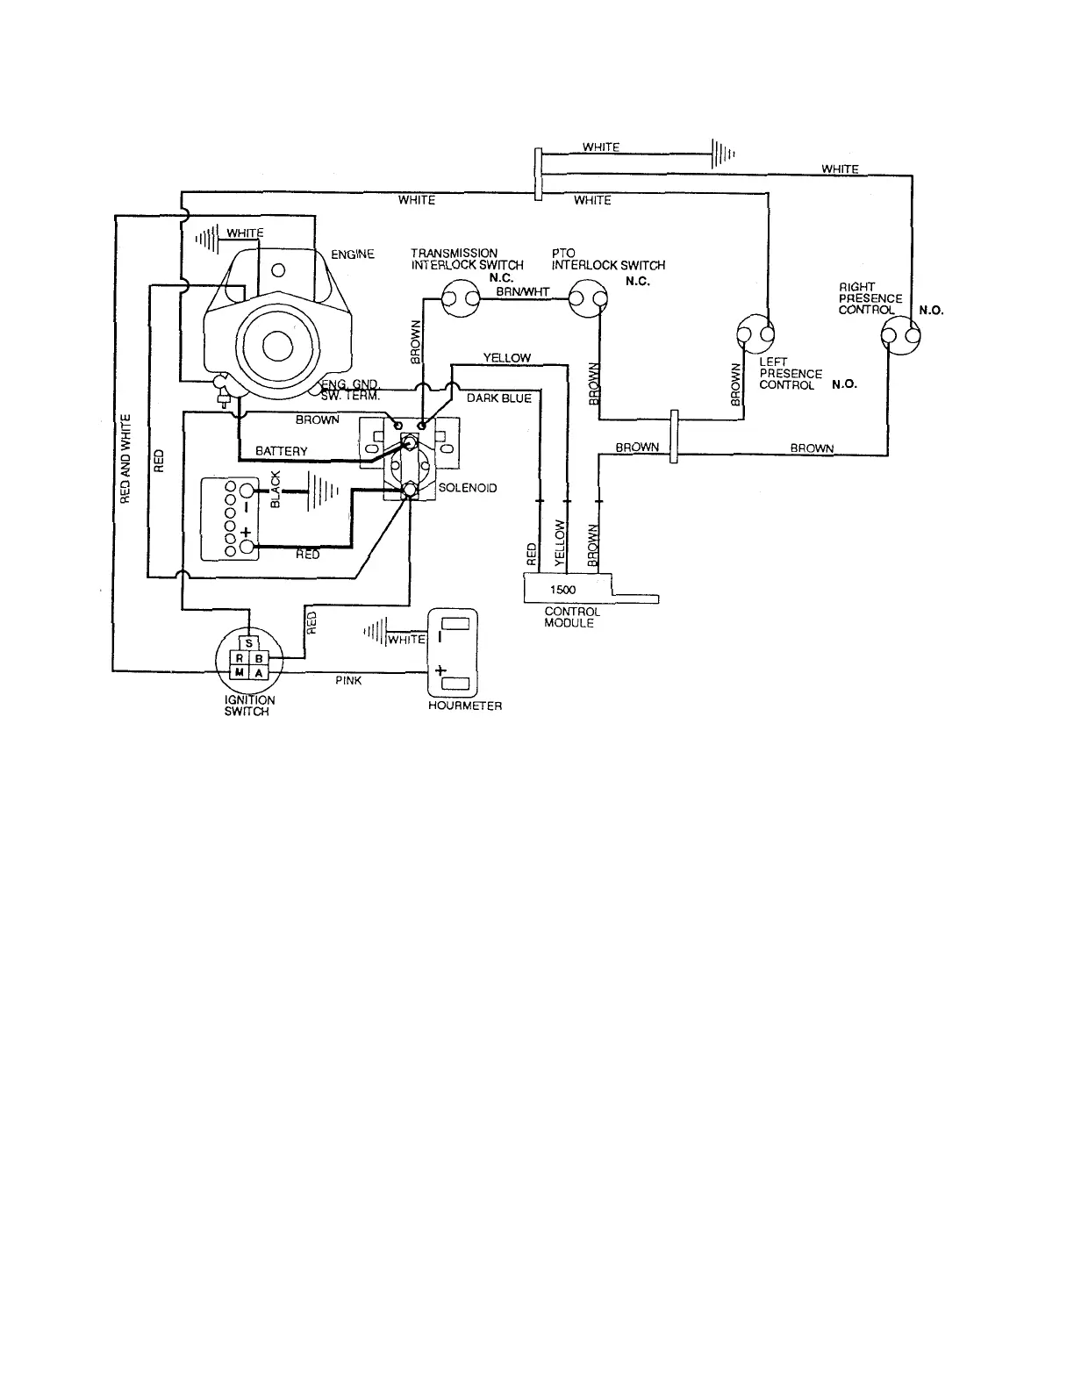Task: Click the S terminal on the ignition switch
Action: click(249, 642)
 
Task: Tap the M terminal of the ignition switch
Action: click(239, 671)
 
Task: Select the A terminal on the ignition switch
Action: click(260, 671)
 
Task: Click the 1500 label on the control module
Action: click(562, 590)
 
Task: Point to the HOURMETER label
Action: click(465, 706)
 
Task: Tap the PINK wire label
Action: click(348, 680)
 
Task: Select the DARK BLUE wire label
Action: click(498, 398)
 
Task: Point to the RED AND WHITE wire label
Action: click(125, 460)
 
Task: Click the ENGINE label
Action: click(353, 254)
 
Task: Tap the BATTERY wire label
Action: click(282, 451)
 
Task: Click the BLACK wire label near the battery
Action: click(276, 490)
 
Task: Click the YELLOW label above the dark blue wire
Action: click(507, 358)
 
